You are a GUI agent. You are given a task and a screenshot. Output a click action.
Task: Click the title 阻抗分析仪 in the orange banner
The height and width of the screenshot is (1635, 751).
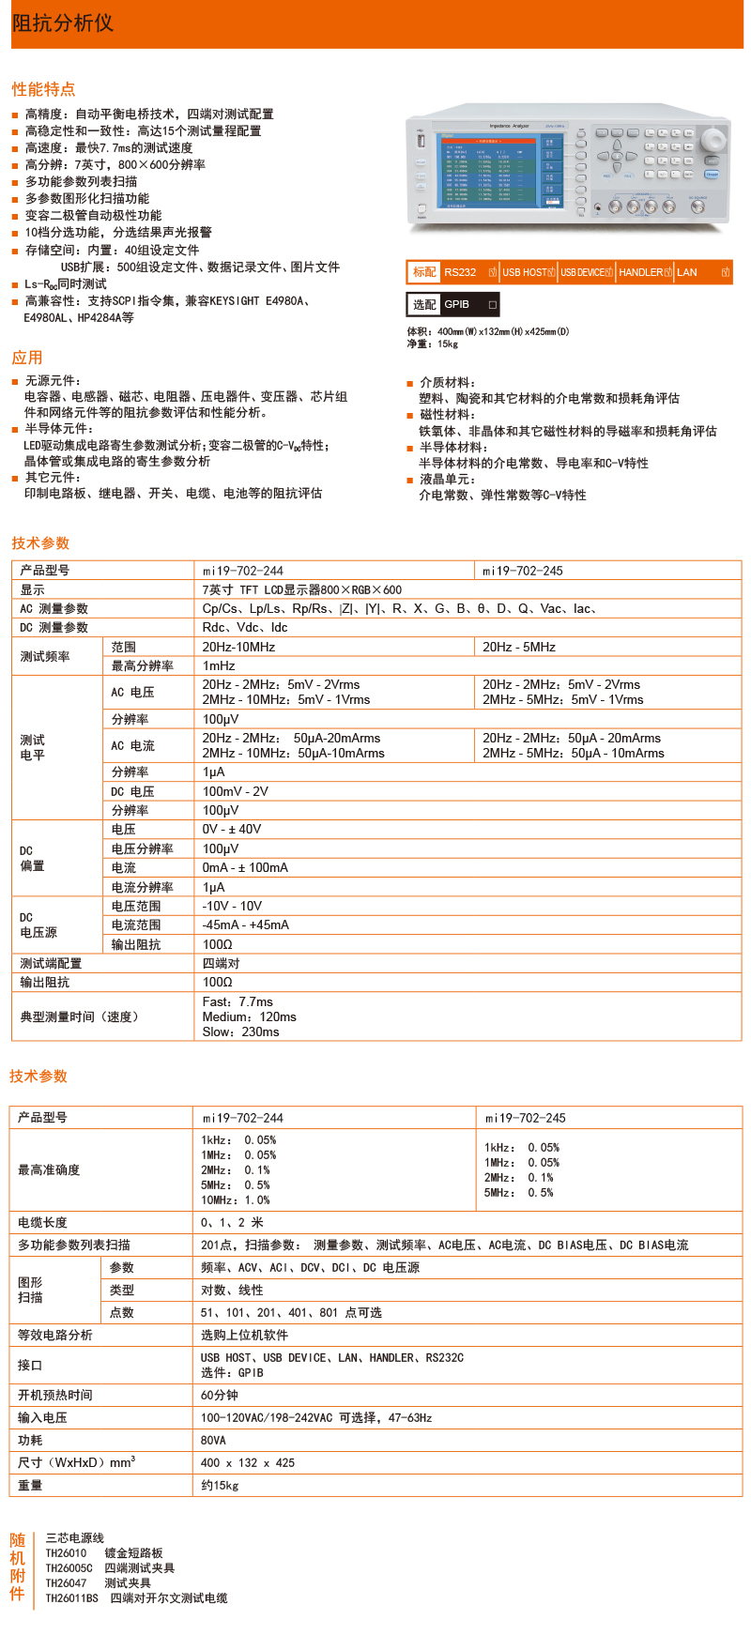tap(63, 23)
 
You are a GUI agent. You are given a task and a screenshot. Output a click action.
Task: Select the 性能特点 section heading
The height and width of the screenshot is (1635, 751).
tap(43, 89)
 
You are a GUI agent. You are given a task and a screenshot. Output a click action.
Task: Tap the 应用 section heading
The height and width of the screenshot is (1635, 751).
tap(27, 358)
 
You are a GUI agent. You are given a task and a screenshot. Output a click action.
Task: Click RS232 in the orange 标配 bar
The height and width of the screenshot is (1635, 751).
tap(460, 272)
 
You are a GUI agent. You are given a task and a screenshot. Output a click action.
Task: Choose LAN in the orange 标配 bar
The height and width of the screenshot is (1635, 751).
tap(687, 272)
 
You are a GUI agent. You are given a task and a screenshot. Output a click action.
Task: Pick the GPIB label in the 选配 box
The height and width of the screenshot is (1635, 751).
tap(457, 305)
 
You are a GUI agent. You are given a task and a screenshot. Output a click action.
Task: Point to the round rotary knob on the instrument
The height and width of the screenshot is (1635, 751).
tap(713, 141)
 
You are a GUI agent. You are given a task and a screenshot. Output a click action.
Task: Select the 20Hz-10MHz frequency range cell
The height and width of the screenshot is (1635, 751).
tap(238, 647)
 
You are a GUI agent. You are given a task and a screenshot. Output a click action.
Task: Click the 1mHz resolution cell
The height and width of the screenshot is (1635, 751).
tap(219, 665)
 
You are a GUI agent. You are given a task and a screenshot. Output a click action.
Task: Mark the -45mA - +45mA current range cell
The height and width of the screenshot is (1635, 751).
tap(246, 925)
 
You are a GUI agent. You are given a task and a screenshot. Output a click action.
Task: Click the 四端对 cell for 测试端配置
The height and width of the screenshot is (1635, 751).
tap(221, 964)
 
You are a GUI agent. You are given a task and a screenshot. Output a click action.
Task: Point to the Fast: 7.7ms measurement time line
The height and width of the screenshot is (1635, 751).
tap(238, 1002)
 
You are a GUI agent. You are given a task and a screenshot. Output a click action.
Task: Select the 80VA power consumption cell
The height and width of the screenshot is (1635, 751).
tap(213, 1441)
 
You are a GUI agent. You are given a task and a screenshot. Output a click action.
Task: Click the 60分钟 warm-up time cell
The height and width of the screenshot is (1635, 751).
tap(220, 1396)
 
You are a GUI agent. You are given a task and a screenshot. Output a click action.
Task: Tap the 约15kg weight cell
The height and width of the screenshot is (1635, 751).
tap(220, 1486)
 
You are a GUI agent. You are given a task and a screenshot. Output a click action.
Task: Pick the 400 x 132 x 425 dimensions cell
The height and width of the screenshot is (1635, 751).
tap(248, 1463)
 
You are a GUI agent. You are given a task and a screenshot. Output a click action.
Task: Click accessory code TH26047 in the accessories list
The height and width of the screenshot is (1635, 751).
tap(66, 1583)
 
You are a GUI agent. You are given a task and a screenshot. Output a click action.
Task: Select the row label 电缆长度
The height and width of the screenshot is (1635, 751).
tap(42, 1223)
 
